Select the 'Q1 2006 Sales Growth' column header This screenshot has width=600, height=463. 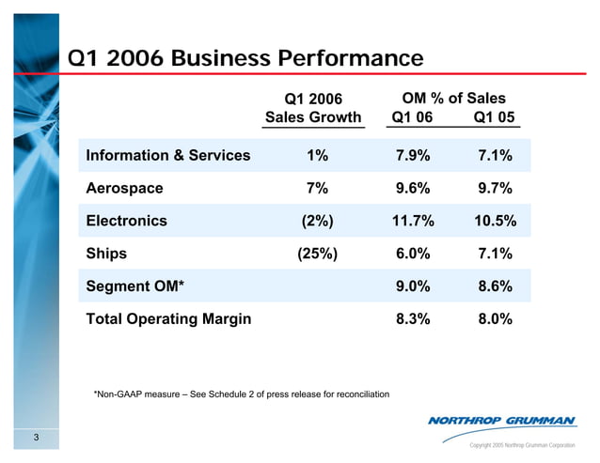[x=313, y=108]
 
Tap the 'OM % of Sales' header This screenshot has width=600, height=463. [x=453, y=98]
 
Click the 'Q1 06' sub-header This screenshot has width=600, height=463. [x=412, y=117]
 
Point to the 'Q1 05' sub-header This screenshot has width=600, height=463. [x=494, y=117]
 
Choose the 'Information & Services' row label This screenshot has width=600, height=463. [x=167, y=156]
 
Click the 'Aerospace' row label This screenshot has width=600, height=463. [x=124, y=188]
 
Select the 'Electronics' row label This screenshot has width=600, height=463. [x=126, y=221]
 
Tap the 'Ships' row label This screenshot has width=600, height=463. [x=106, y=254]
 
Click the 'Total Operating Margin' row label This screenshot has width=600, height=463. [x=168, y=318]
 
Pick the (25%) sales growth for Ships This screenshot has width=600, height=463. [x=317, y=254]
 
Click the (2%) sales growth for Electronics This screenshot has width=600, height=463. [x=317, y=221]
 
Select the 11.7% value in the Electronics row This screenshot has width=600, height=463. [x=412, y=221]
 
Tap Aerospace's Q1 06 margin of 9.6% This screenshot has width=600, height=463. [x=412, y=188]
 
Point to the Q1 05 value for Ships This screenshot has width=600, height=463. [x=494, y=254]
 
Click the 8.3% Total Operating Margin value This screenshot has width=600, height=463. [x=412, y=318]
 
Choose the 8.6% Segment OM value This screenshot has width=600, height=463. [x=494, y=286]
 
